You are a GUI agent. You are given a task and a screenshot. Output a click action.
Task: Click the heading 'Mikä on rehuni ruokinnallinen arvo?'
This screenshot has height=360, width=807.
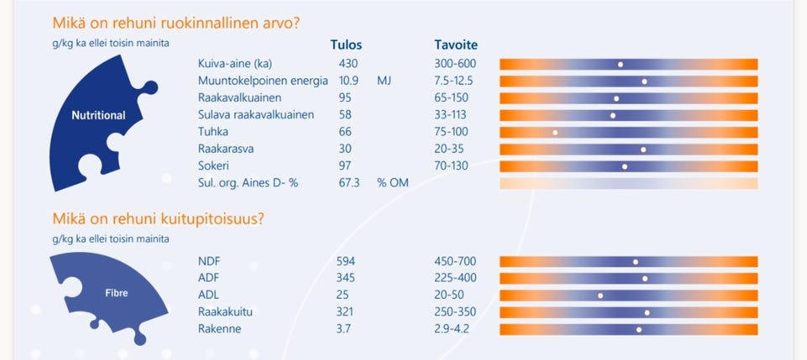(176, 24)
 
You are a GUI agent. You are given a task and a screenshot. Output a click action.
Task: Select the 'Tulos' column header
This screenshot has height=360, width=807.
(346, 45)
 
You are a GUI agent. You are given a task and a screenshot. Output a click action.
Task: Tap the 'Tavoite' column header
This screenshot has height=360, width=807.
(456, 45)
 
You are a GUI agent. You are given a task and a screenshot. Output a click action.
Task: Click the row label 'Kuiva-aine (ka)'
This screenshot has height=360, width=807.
(236, 64)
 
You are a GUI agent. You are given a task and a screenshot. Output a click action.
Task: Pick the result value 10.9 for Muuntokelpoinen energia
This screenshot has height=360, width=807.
(349, 81)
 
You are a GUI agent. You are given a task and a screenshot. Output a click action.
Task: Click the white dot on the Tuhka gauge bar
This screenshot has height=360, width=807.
(556, 132)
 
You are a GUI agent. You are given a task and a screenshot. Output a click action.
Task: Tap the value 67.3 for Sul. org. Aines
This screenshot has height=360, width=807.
(349, 183)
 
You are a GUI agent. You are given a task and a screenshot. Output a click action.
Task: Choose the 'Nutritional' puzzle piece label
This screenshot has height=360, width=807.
(98, 115)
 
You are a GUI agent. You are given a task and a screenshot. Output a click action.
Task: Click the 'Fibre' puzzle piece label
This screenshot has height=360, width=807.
(117, 294)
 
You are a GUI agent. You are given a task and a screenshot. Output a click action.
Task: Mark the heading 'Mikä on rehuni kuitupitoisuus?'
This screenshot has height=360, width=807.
(159, 219)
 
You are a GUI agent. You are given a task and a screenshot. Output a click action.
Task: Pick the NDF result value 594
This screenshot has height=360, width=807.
(345, 262)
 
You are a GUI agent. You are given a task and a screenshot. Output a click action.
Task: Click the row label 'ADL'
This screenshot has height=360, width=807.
(209, 295)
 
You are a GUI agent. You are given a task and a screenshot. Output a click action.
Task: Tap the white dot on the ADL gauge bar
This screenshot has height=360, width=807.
(600, 295)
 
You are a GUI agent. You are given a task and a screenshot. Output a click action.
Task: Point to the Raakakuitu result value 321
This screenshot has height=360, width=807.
(345, 312)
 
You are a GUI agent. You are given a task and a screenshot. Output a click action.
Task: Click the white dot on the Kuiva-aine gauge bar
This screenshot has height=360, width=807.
(620, 64)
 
